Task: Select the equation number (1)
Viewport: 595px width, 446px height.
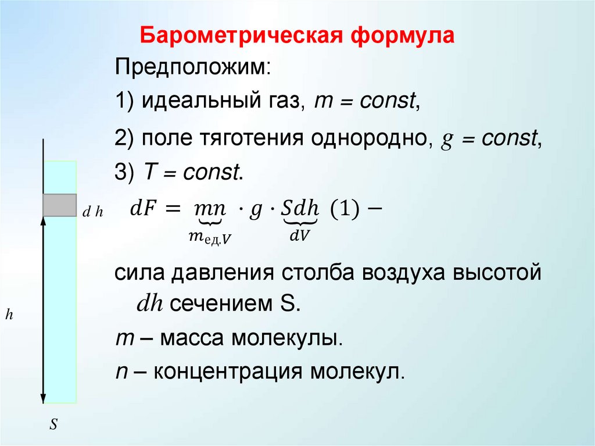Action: pyautogui.click(x=346, y=209)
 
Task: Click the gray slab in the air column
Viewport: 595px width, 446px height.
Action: pyautogui.click(x=59, y=205)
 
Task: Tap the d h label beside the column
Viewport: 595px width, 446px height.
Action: pyautogui.click(x=92, y=213)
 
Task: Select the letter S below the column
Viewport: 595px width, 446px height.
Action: pyautogui.click(x=53, y=424)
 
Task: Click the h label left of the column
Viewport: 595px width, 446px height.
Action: pyautogui.click(x=9, y=315)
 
